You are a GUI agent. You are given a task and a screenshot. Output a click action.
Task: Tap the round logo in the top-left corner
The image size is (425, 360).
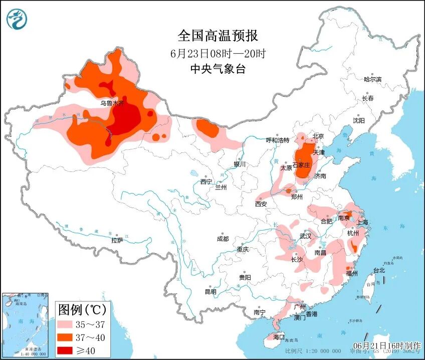coord(17,19)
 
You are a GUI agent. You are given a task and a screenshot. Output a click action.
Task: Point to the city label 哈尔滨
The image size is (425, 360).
coord(372,79)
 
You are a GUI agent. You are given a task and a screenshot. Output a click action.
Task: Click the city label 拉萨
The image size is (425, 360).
coord(117,240)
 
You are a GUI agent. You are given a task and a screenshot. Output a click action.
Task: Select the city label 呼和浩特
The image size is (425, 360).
coord(278,140)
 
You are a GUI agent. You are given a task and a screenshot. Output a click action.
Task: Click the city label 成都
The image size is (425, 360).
coord(223,239)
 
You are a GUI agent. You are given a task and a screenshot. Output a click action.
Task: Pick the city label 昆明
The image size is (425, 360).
coord(210,291)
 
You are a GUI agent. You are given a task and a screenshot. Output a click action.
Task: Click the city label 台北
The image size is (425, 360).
coord(379,270)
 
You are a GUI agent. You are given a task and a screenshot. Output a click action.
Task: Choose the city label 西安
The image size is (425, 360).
coord(261,204)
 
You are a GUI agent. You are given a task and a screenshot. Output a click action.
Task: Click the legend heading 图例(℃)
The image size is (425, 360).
coord(80,308)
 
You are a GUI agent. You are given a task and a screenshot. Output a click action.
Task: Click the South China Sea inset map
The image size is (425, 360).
coord(25,325)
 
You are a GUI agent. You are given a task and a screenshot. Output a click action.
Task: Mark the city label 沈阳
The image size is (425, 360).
coord(358,121)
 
